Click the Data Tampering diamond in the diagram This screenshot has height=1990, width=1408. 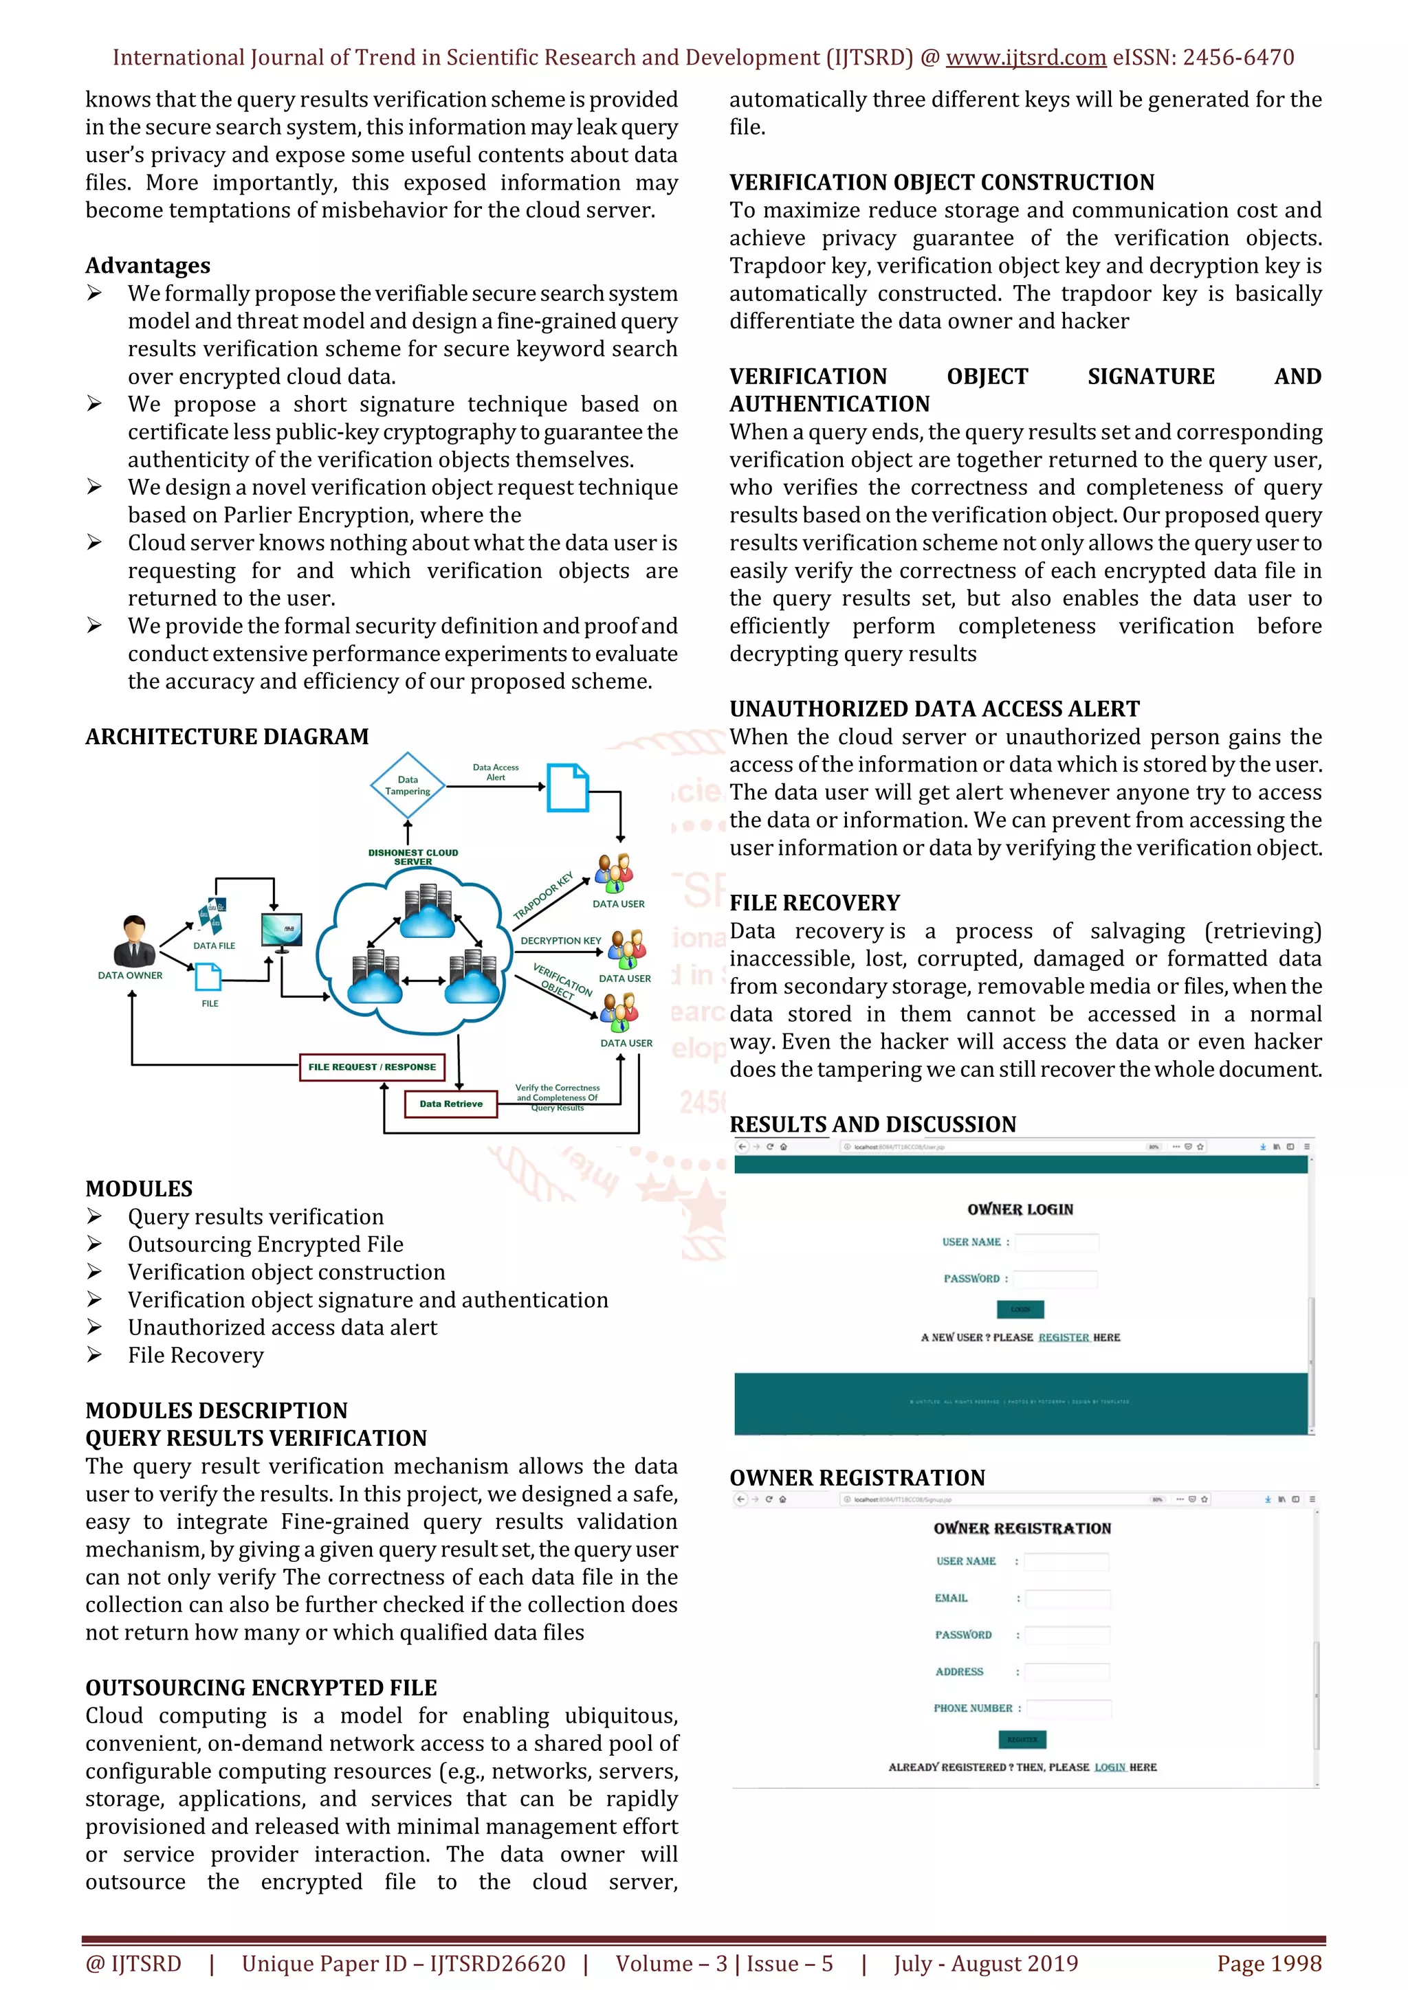408,785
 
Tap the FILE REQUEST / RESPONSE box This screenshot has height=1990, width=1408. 372,1067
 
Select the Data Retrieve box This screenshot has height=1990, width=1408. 451,1104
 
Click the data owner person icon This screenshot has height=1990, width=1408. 133,941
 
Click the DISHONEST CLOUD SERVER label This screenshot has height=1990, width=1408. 412,857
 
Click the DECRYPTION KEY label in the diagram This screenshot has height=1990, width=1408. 560,941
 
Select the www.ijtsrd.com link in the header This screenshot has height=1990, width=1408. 1026,58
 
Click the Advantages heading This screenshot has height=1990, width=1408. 147,265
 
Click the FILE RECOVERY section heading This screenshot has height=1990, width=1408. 814,903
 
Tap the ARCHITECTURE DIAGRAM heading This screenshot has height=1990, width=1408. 227,737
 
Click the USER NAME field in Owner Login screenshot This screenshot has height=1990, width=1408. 1057,1242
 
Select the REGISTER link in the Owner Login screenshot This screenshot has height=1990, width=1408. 1063,1337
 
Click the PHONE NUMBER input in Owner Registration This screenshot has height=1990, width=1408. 1067,1708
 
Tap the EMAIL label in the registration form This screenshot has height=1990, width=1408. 951,1598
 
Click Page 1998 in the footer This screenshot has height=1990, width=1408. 1269,1964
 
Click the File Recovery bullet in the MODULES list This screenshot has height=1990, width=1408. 196,1356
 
